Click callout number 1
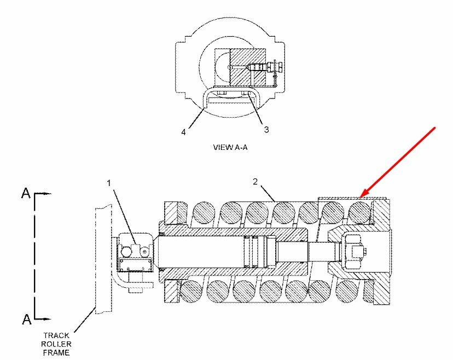tap(109, 183)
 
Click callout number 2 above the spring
tap(255, 182)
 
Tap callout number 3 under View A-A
tap(266, 130)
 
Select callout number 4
tap(183, 132)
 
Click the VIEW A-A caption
tap(230, 147)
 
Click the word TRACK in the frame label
tap(56, 335)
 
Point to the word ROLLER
tap(56, 344)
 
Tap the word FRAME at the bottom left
tap(56, 352)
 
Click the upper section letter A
tap(26, 193)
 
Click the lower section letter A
tap(27, 320)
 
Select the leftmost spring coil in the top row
tap(204, 213)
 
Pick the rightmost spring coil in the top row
tap(359, 213)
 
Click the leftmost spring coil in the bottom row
tap(191, 291)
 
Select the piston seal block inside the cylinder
tap(260, 251)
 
